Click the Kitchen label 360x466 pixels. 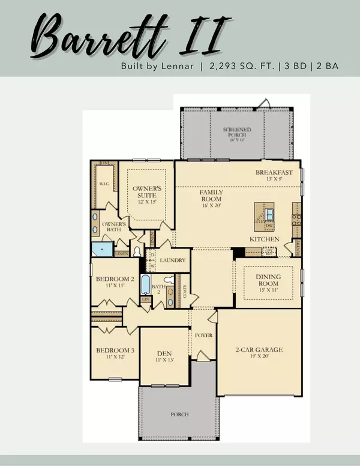264,239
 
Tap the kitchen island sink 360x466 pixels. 269,214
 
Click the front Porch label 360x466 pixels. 179,414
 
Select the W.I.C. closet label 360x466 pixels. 103,184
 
